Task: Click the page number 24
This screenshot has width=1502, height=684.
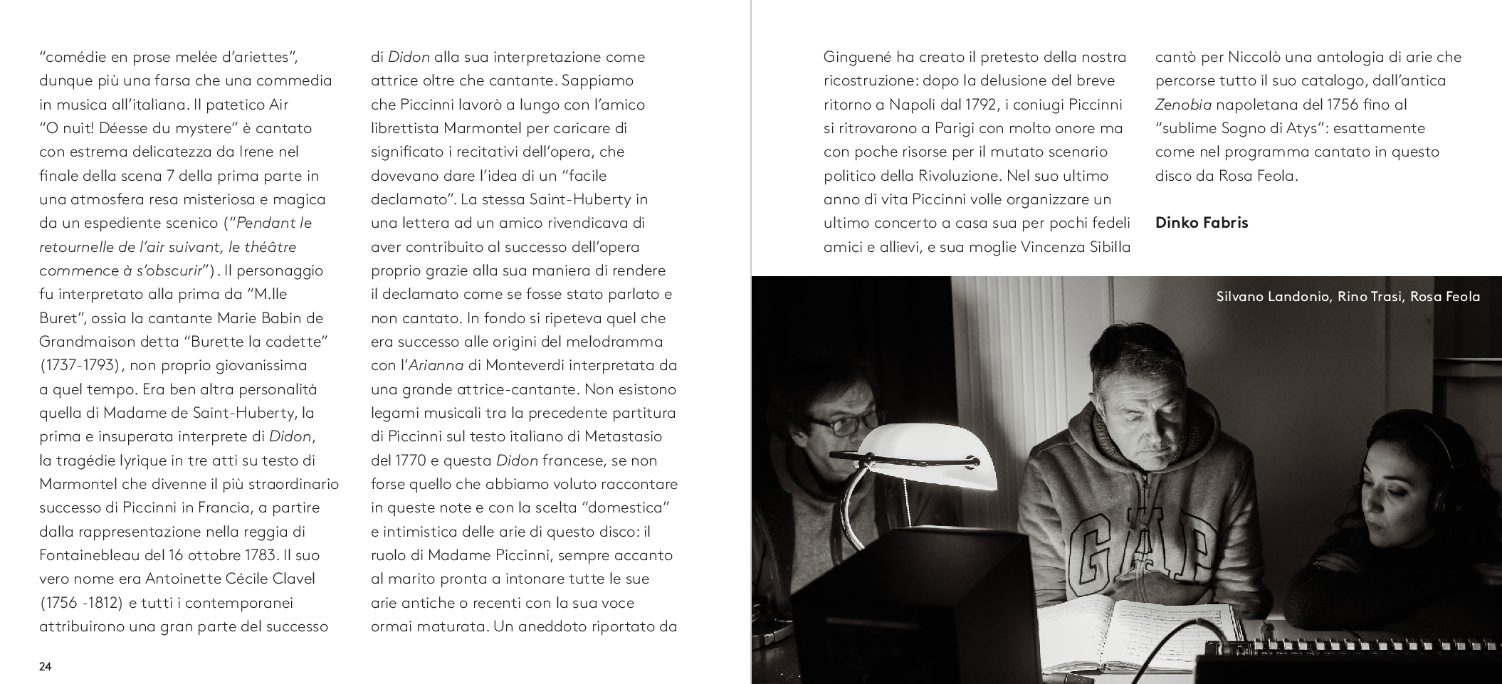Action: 46,667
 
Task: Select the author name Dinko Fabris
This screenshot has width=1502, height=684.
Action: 1202,223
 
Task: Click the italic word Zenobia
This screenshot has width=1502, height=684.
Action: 1183,105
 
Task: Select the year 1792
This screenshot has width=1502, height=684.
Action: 981,105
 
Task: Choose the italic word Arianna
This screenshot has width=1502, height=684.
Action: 436,366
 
